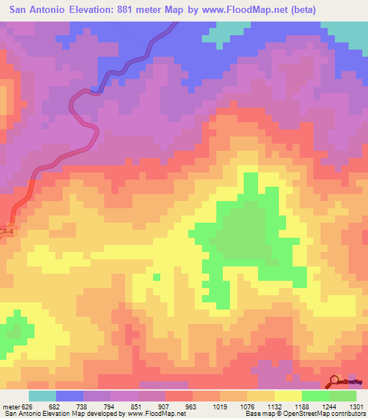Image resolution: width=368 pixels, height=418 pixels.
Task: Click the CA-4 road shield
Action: click(x=6, y=231)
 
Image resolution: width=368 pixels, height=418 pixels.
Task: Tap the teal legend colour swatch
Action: click(x=42, y=396)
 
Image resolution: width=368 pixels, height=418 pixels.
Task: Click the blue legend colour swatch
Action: click(x=70, y=396)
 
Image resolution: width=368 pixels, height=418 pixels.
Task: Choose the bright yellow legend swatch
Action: click(x=288, y=396)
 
